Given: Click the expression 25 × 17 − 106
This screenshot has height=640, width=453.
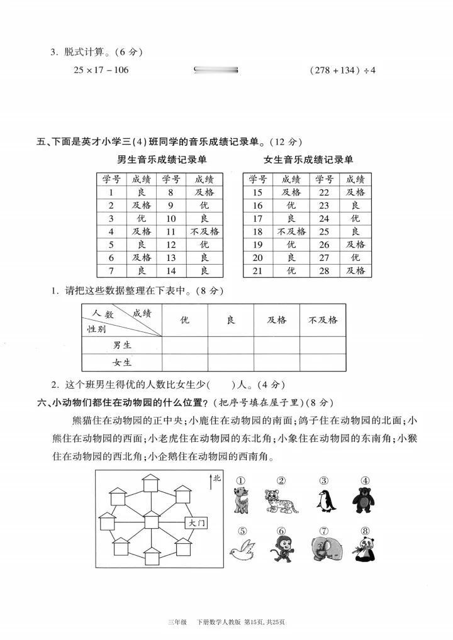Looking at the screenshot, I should [101, 70].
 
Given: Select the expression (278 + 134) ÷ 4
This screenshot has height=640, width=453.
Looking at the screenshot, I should [342, 70].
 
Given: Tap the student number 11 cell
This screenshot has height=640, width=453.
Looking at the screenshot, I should [171, 231].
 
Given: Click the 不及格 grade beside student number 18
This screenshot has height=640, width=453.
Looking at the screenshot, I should [291, 231].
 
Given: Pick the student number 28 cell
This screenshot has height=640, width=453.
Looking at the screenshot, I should [324, 270].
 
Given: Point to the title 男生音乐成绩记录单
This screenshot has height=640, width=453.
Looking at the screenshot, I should [162, 160].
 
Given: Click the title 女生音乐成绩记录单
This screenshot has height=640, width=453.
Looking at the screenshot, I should [308, 160].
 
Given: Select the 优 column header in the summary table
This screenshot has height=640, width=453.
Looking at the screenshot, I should [185, 320].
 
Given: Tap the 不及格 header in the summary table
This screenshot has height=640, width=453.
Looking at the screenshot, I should [323, 320].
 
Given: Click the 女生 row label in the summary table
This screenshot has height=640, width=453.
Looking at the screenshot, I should [122, 363].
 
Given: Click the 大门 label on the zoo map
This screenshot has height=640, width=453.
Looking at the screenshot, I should [196, 522].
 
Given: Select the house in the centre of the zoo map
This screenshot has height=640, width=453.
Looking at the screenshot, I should [152, 520].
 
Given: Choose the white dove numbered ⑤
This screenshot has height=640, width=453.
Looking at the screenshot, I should [242, 550].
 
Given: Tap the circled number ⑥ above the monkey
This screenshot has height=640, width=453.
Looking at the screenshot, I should [281, 530].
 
